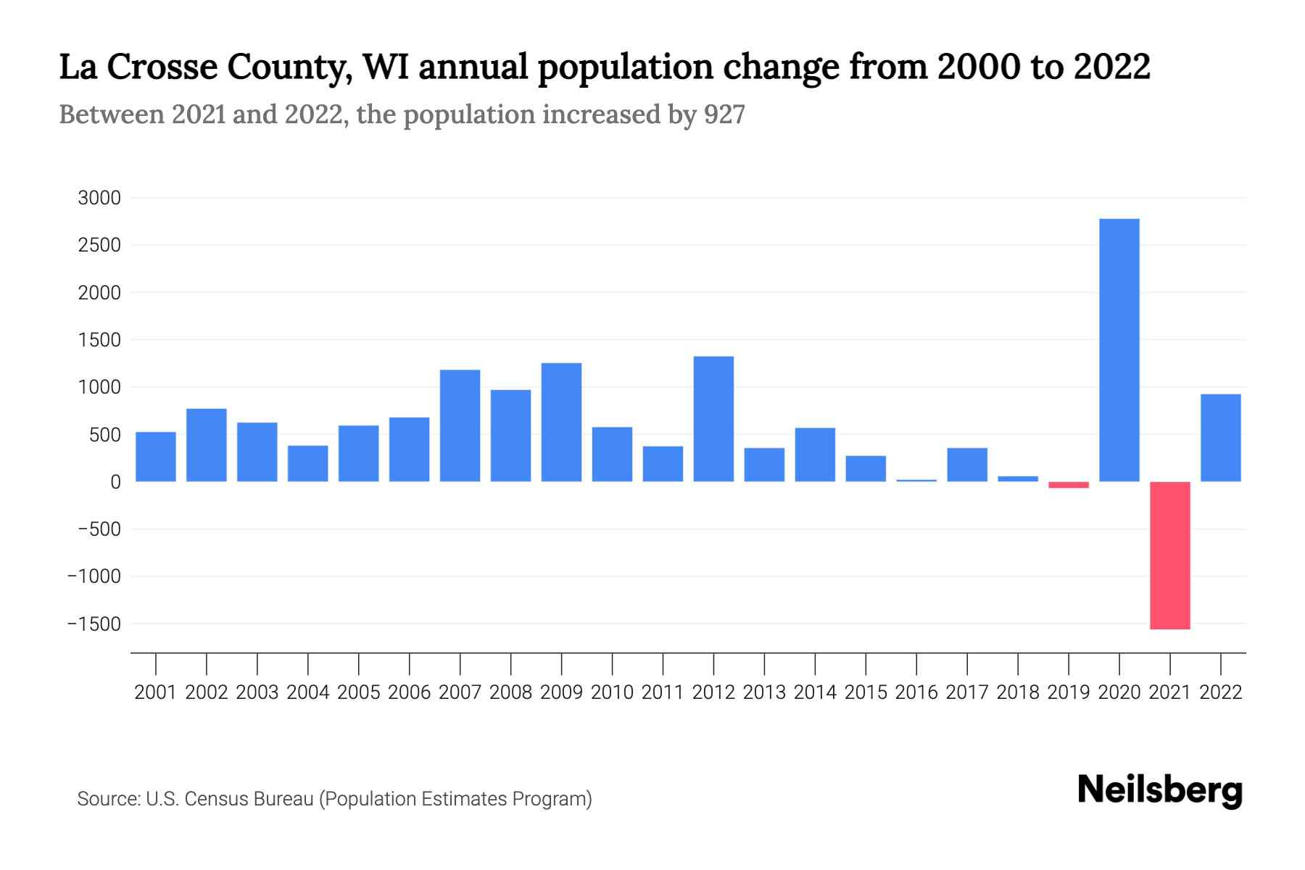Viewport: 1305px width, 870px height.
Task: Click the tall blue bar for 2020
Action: pos(1119,350)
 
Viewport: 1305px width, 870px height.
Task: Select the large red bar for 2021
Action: pos(1169,555)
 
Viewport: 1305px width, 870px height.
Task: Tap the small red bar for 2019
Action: pos(1068,485)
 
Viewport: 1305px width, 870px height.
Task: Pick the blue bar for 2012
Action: pos(713,419)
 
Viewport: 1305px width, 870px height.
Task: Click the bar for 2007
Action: pos(460,426)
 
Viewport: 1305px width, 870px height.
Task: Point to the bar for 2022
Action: pos(1220,438)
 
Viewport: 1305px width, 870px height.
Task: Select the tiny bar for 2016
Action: pos(916,481)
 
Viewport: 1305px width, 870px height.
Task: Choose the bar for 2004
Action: pos(307,463)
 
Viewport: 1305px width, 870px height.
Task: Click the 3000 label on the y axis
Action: pos(99,198)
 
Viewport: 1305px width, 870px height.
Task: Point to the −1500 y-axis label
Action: pos(94,624)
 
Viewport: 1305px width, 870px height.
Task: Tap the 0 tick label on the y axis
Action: pos(115,482)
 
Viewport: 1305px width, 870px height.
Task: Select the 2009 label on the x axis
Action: pos(561,692)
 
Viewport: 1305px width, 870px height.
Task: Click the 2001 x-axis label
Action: pos(155,692)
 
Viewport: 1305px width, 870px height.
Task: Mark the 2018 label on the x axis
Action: pos(1017,692)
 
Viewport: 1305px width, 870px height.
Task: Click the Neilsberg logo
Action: pos(1159,790)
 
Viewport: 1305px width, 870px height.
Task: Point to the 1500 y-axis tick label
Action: pos(99,340)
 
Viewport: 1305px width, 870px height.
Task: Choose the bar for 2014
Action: pos(815,455)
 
